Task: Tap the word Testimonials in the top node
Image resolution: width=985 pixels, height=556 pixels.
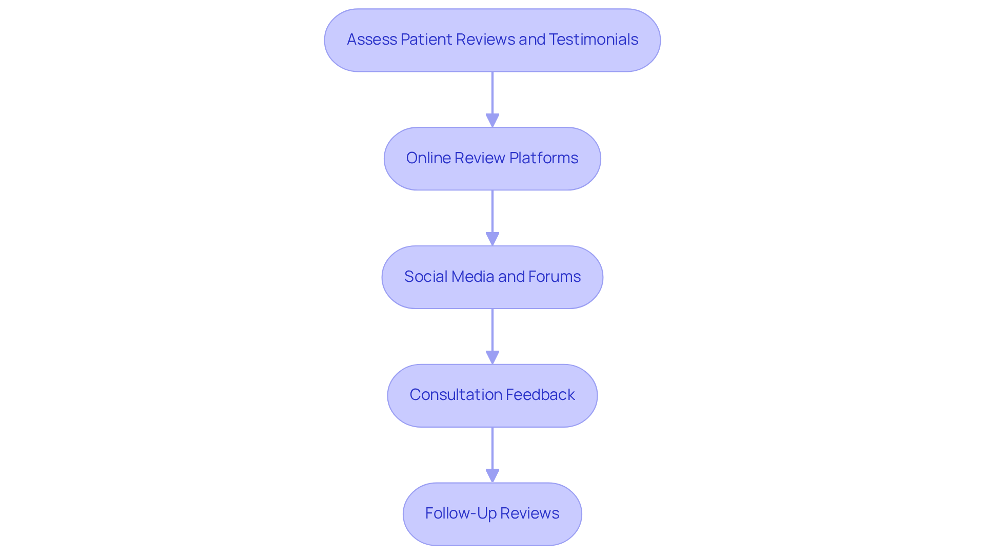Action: coord(593,40)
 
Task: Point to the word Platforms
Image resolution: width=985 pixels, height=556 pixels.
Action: coord(543,158)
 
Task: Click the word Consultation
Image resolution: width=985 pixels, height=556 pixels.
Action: coord(448,395)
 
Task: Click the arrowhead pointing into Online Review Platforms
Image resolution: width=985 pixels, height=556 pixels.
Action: coord(493,120)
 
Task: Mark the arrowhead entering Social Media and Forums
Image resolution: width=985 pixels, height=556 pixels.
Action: coord(493,239)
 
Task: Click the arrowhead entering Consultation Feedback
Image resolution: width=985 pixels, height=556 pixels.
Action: coord(493,357)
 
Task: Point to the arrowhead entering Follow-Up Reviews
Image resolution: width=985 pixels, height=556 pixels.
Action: coord(493,475)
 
